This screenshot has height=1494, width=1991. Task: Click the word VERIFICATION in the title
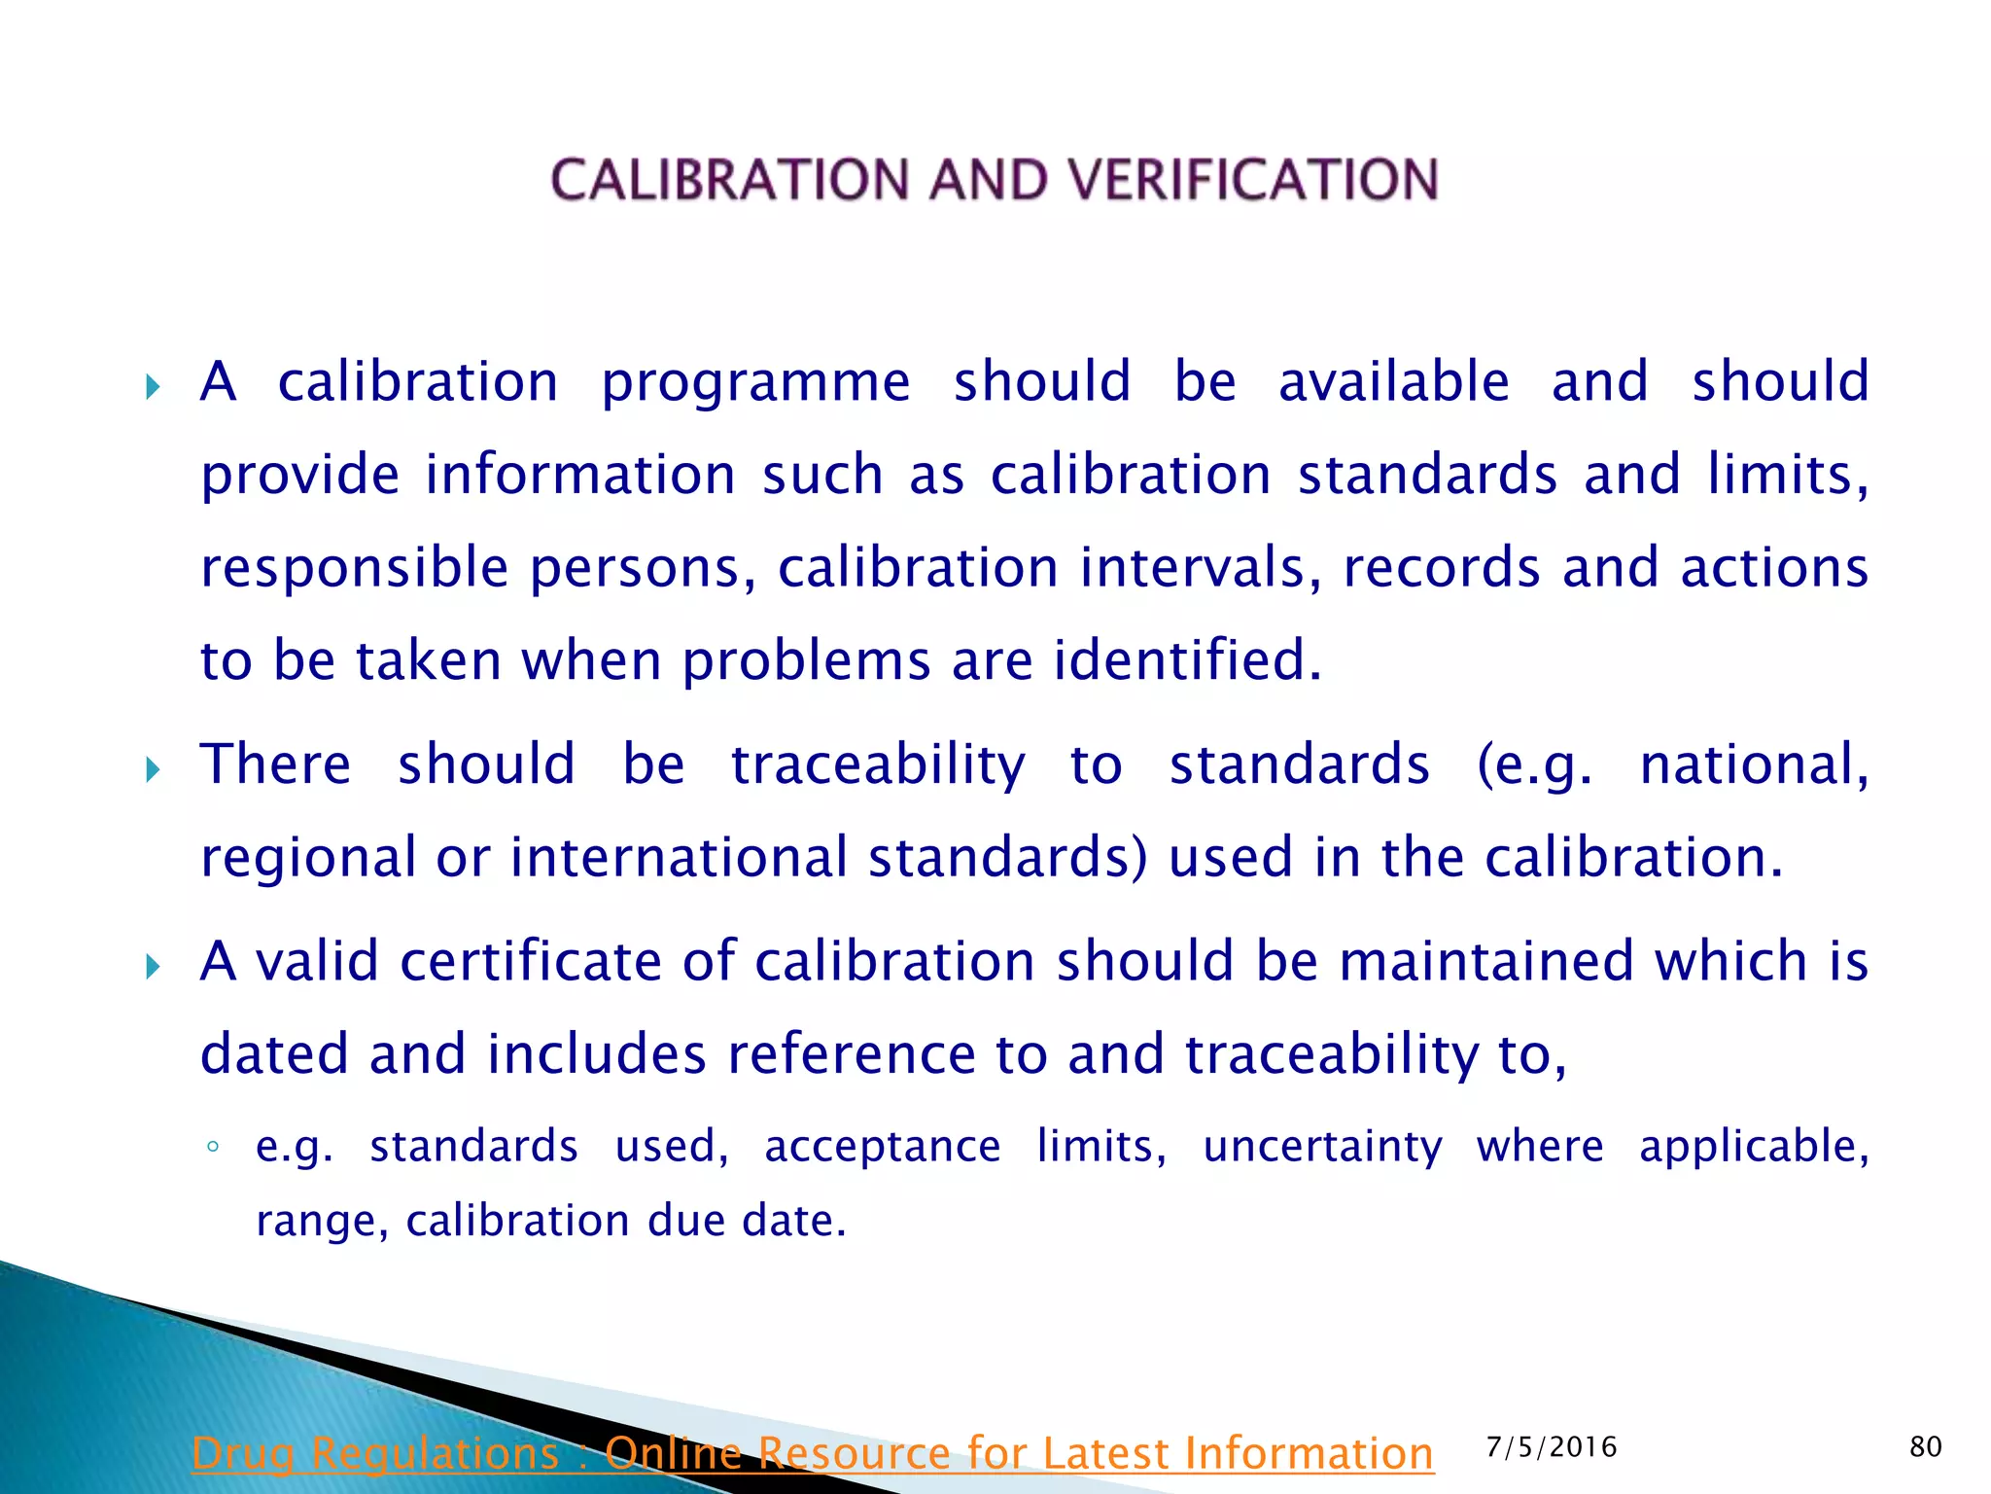[x=1253, y=180]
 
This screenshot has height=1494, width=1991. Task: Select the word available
[x=1393, y=381]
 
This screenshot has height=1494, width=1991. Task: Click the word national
[x=1754, y=765]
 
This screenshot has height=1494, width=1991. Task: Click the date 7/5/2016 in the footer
[x=1552, y=1447]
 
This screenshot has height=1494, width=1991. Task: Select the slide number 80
[x=1925, y=1447]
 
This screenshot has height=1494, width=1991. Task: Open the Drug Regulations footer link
[x=812, y=1454]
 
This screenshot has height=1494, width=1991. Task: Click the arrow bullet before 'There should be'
[x=153, y=770]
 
